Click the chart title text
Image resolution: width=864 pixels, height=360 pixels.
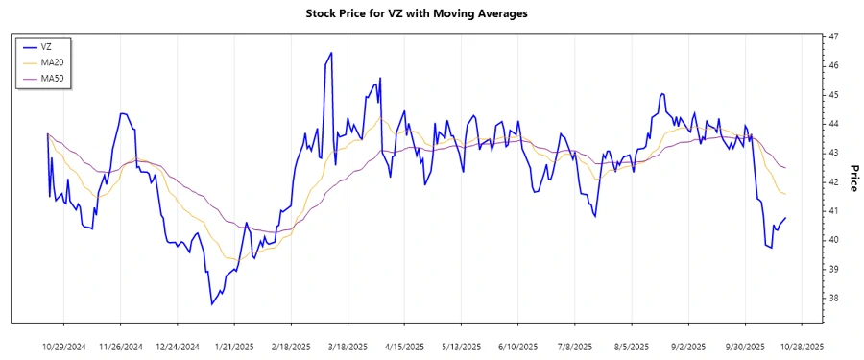pos(416,13)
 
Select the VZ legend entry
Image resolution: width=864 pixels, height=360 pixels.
pos(46,46)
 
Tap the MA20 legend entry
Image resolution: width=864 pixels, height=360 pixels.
pos(51,62)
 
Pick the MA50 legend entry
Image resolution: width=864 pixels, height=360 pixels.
pos(51,78)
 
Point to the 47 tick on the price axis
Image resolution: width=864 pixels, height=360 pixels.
pos(833,36)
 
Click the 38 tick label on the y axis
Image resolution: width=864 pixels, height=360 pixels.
pos(833,299)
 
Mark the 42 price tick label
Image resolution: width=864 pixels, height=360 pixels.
pos(833,182)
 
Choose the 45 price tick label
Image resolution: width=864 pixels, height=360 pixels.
pos(833,95)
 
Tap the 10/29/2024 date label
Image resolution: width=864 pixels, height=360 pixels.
pos(64,345)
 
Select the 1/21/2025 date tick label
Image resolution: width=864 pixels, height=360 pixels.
pos(234,345)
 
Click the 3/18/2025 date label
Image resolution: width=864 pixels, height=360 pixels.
pos(348,345)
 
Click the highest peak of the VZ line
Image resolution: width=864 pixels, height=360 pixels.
pos(331,53)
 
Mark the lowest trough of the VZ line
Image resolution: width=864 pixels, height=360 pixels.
pos(212,304)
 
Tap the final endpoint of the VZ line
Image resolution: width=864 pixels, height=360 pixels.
pos(785,218)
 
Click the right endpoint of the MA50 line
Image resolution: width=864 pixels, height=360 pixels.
pos(785,168)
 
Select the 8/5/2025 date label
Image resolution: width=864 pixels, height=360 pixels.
pos(632,345)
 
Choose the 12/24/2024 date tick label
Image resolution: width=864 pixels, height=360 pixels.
pos(178,345)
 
